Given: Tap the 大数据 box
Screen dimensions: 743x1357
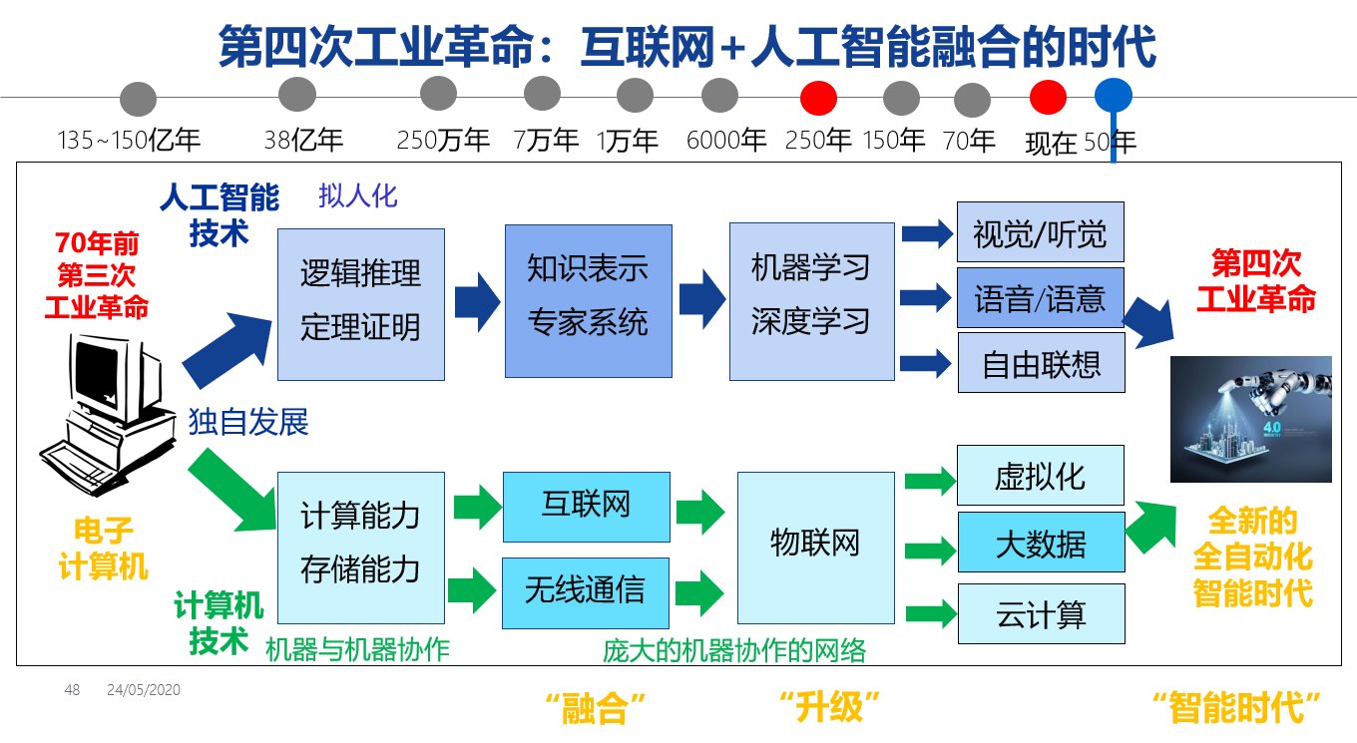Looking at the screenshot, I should (x=1041, y=543).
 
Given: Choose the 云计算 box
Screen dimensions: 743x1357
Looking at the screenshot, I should (x=1041, y=613).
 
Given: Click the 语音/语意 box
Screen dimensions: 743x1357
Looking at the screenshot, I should (x=1041, y=297).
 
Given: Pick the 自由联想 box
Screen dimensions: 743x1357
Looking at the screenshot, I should (x=1041, y=363).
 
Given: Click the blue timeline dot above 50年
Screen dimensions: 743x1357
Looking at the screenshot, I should (x=1113, y=96).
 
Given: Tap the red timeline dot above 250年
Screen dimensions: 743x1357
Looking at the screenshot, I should (x=818, y=98).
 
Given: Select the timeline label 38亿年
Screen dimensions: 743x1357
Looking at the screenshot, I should (x=303, y=140).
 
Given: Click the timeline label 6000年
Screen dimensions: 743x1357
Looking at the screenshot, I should (x=726, y=141).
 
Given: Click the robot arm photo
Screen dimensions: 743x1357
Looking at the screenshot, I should (x=1250, y=419).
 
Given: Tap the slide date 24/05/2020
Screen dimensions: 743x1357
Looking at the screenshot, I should (x=144, y=690).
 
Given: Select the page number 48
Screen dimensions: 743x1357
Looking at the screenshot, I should (x=72, y=690).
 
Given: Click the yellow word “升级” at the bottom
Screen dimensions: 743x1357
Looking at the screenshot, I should (x=829, y=707).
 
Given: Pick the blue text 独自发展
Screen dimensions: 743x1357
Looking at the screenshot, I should (x=248, y=422).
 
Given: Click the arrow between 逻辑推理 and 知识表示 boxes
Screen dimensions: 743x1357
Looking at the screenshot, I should (x=476, y=302).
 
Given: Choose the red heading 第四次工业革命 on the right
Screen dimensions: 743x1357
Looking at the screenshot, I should (x=1256, y=281).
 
